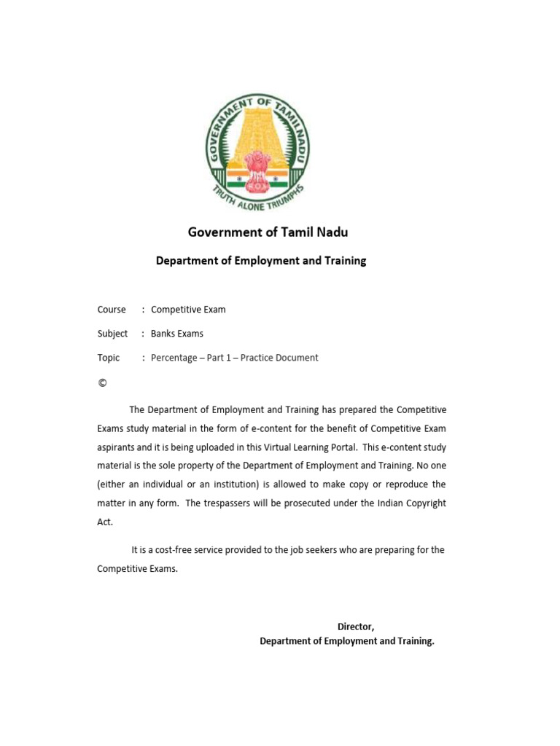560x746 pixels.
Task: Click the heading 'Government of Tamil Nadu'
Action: tap(268, 232)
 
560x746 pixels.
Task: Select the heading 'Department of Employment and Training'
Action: tap(261, 261)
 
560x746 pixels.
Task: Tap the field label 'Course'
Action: tap(112, 310)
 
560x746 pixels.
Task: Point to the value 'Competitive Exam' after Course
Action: tap(188, 310)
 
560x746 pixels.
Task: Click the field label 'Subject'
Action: tap(112, 334)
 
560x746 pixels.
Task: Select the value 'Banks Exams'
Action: tap(177, 334)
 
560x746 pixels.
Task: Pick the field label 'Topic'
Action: tap(109, 358)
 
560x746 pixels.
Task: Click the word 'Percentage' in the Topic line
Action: tap(174, 358)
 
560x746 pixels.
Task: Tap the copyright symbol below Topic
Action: tap(102, 382)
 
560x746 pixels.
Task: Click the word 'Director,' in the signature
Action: tap(356, 627)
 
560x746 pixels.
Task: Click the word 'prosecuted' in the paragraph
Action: tap(322, 503)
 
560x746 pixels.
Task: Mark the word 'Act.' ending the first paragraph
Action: tap(105, 522)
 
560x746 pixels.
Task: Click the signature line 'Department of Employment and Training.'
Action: tap(347, 641)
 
